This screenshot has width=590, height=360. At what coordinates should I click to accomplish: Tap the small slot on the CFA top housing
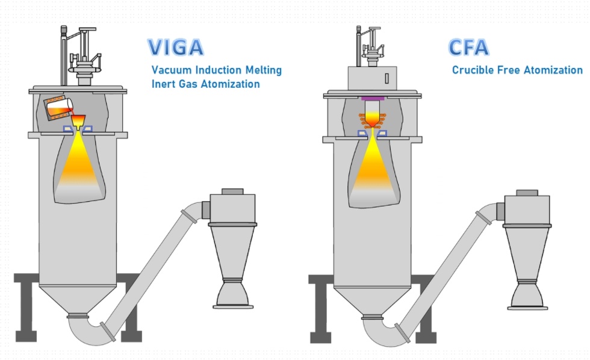[385, 78]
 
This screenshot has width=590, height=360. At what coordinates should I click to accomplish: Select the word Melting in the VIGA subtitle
[261, 70]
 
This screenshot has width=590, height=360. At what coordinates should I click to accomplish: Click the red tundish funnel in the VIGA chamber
[79, 120]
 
